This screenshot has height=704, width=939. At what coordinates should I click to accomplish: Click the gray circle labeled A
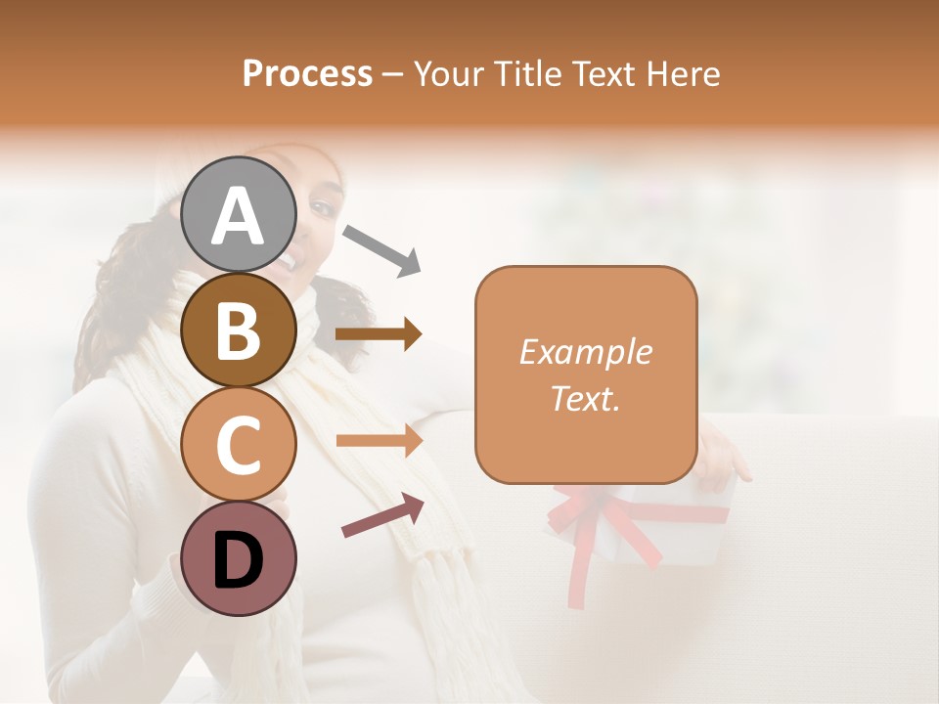tap(239, 214)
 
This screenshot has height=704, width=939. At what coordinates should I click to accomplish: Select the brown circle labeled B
tap(239, 330)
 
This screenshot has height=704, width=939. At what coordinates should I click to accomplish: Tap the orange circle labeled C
tap(239, 445)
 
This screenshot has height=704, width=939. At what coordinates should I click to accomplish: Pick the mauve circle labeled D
tap(239, 559)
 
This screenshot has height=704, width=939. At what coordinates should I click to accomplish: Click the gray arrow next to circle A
tap(381, 248)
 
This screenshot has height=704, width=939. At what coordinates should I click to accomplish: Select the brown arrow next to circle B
tap(379, 334)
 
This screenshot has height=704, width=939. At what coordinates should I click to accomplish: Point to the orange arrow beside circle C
tap(379, 441)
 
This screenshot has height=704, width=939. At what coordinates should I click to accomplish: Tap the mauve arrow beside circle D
tap(382, 515)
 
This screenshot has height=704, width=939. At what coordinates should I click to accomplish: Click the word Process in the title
tap(307, 73)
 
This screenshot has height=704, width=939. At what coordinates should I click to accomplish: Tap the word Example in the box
tap(585, 352)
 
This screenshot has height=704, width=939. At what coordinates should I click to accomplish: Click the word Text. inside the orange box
tap(585, 398)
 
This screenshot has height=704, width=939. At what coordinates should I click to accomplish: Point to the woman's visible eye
tap(322, 208)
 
